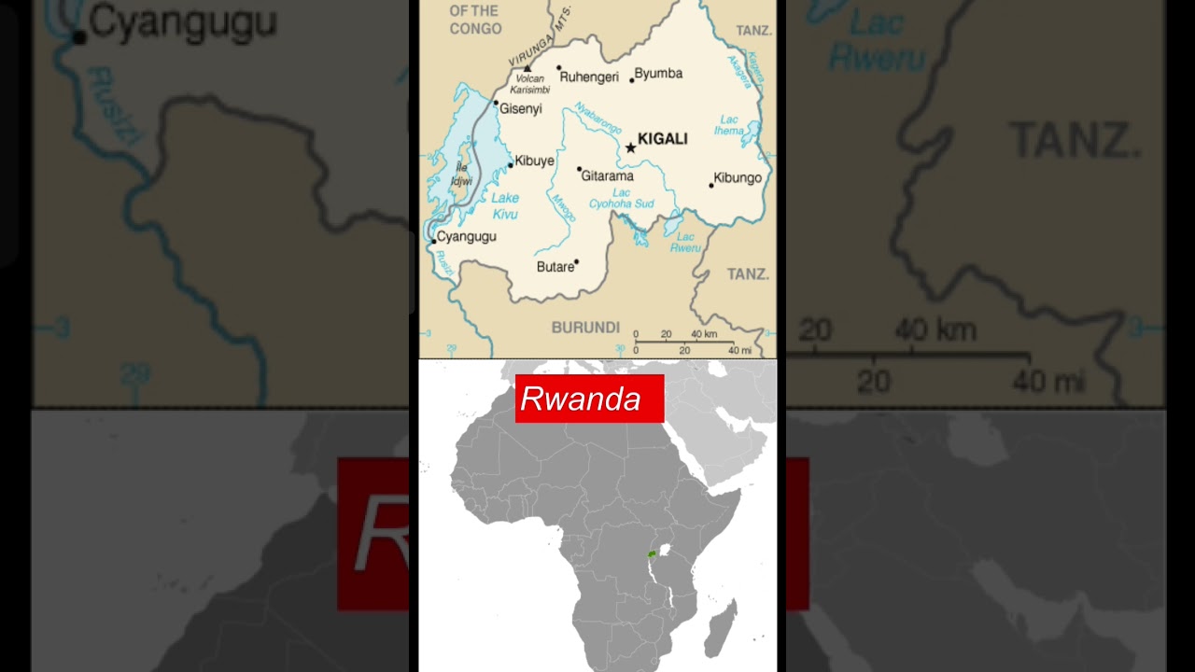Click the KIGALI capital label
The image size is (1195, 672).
point(662,139)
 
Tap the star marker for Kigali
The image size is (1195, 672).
point(631,147)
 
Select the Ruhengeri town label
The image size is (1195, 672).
point(589,77)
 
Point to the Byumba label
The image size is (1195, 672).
point(658,74)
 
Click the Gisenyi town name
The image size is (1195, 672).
point(520,109)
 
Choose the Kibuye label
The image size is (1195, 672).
point(534,161)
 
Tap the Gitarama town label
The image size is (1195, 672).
point(607,175)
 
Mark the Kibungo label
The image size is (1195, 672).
point(738,178)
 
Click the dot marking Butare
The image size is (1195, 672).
point(577,262)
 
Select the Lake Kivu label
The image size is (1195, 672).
point(505,206)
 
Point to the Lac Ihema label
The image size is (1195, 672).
point(729,125)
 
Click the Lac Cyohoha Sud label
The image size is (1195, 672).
point(621,199)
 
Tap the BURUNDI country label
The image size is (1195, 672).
point(585,328)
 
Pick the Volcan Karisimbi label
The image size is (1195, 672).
point(530,85)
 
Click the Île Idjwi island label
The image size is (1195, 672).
point(461,175)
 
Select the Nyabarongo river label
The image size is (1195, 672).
point(597,119)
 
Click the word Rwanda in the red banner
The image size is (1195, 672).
point(581,399)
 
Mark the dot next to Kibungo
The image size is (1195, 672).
point(711,185)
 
